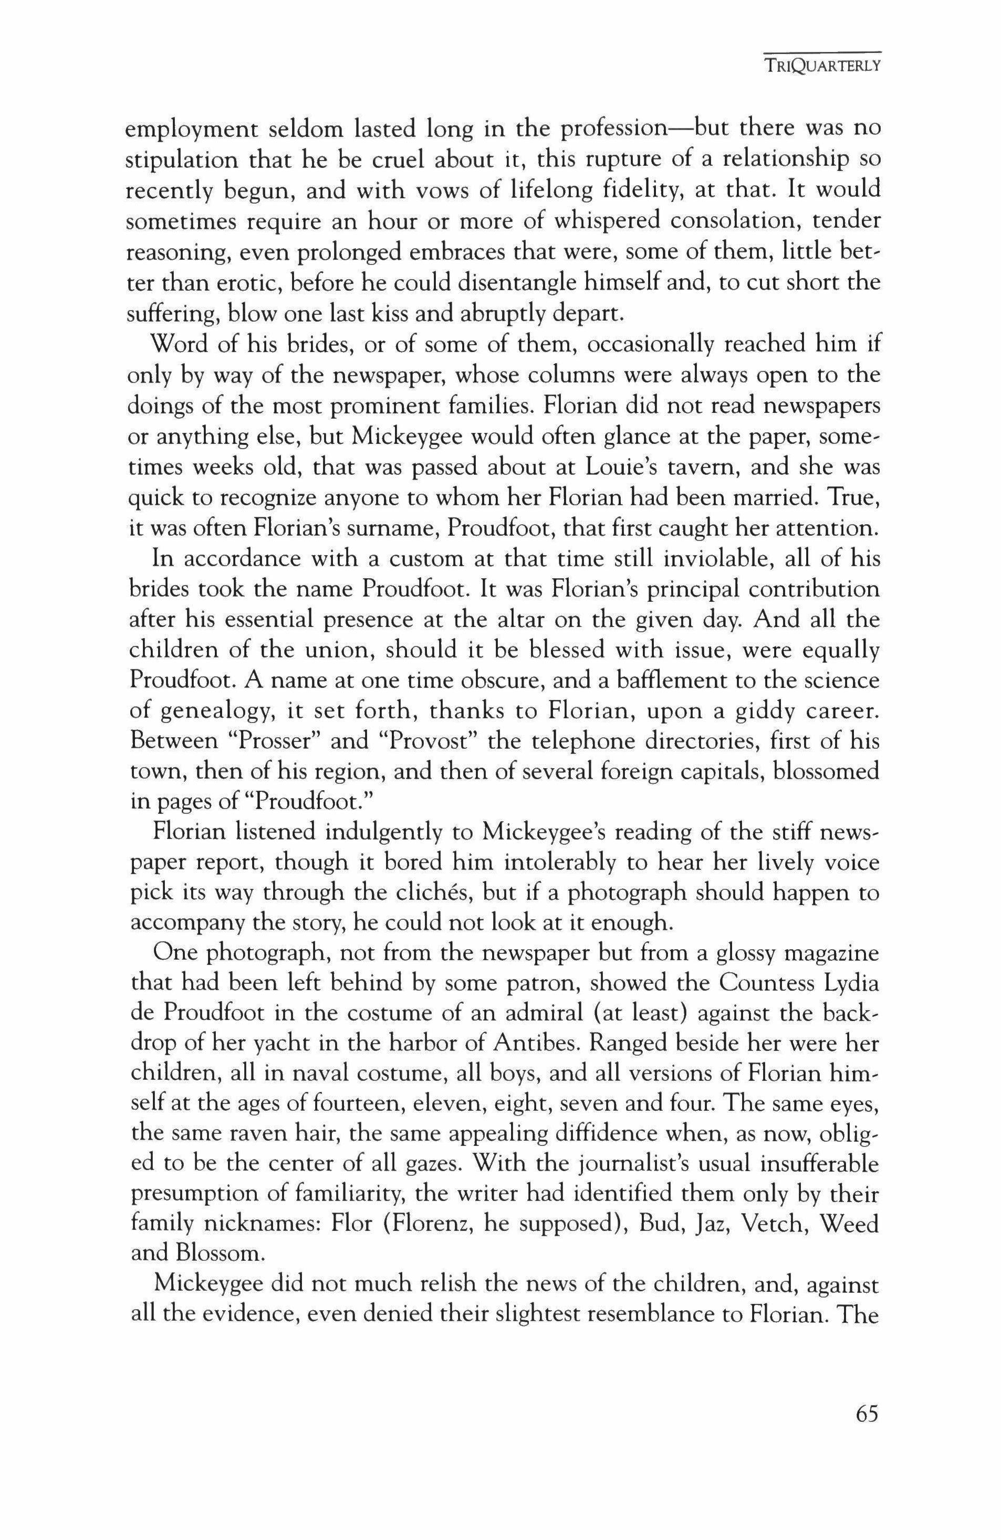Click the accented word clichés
pyautogui.click(x=453, y=894)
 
